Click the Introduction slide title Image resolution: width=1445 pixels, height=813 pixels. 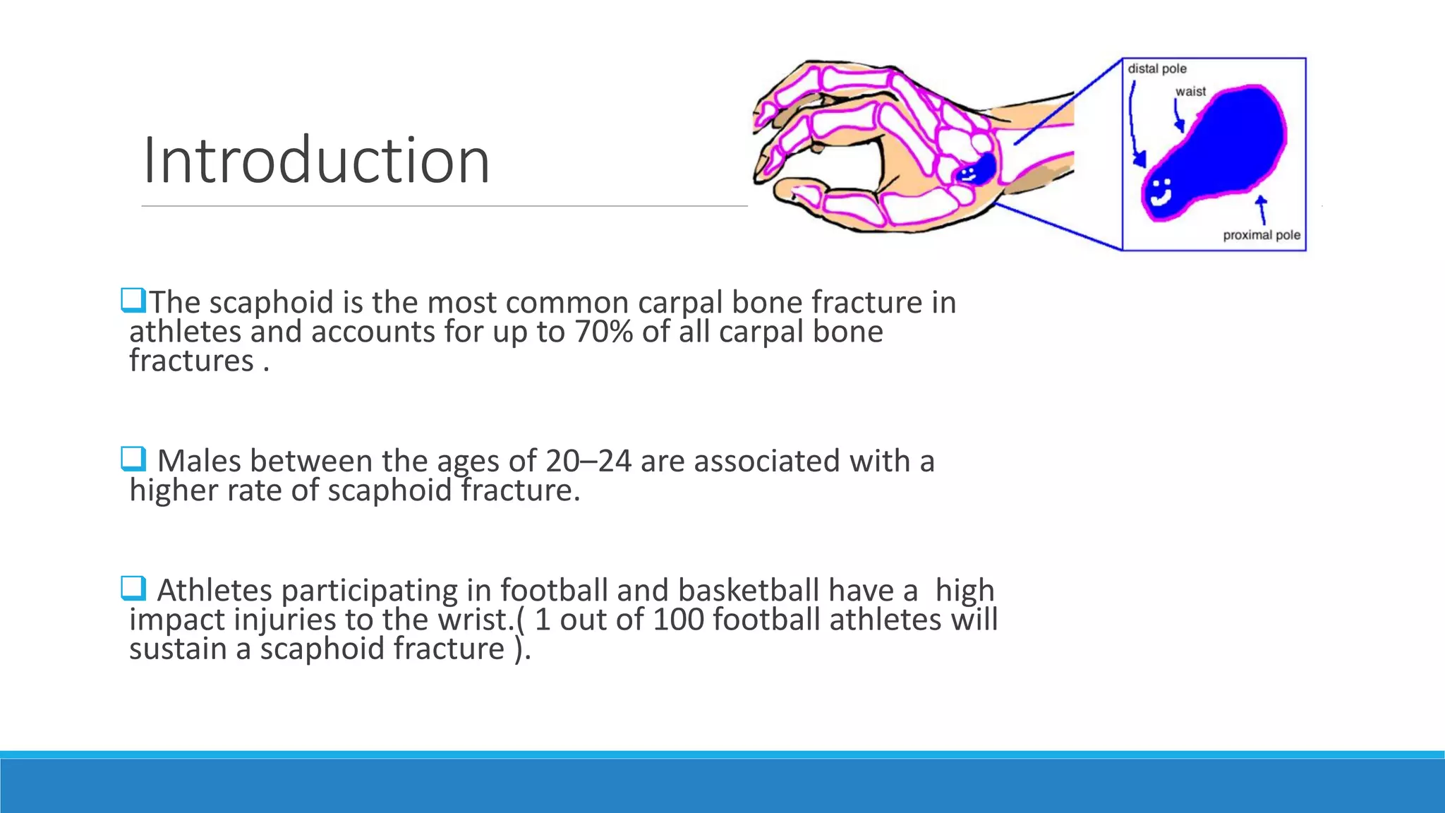[x=315, y=161]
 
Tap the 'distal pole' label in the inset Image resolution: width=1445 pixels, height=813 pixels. [x=1156, y=68]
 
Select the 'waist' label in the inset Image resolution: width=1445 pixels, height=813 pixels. [x=1190, y=91]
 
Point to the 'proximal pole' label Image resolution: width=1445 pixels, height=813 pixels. [x=1261, y=235]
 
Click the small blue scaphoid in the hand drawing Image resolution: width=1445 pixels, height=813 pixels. [x=977, y=170]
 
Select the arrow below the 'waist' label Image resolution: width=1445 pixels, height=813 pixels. [x=1178, y=116]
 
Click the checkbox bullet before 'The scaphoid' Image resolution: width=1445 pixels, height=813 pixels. [x=133, y=300]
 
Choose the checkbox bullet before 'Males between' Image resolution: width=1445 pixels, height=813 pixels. [x=133, y=459]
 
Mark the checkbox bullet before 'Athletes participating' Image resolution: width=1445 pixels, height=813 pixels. [x=133, y=588]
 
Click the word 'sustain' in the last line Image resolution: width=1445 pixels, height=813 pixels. [x=178, y=649]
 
